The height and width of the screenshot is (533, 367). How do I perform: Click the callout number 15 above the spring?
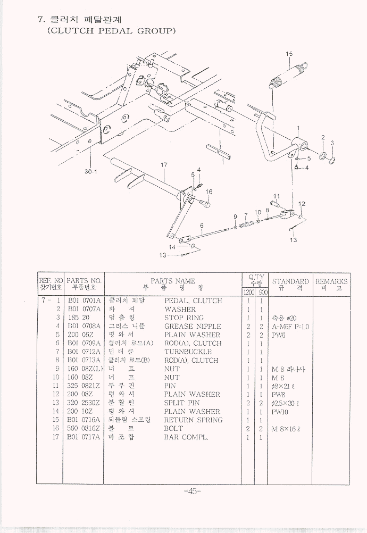click(289, 54)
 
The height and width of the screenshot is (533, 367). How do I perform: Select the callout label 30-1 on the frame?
click(90, 171)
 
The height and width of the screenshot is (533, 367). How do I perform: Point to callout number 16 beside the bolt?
click(209, 192)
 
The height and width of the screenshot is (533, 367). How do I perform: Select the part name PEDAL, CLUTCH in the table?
click(193, 301)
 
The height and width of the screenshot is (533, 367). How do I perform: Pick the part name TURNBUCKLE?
click(188, 352)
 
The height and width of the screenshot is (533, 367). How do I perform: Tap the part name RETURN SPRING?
click(193, 420)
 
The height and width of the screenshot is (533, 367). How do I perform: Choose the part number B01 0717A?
click(84, 437)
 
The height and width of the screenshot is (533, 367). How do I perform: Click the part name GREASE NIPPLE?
click(193, 326)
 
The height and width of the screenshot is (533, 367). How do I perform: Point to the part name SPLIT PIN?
click(182, 403)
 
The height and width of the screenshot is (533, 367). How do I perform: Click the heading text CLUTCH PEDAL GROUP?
click(112, 31)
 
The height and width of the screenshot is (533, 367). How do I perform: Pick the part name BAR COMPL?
click(186, 437)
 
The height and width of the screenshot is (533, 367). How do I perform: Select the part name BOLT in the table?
click(173, 428)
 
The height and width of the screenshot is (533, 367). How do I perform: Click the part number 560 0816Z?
click(84, 428)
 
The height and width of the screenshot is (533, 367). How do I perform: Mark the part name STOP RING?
click(185, 318)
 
